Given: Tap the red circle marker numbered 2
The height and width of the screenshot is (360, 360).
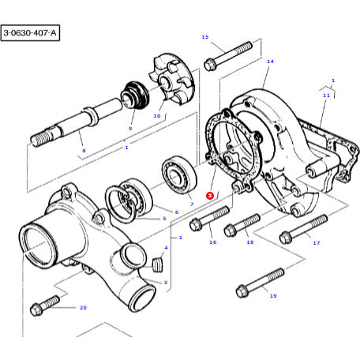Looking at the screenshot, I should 209,194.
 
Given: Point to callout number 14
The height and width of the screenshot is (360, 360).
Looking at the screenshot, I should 269,61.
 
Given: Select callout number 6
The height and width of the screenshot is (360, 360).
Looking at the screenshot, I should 176,212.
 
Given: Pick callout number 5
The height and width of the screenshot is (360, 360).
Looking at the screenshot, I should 163,218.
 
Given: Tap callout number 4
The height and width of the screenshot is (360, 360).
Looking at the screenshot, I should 165,247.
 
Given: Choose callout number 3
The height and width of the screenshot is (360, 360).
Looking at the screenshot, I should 165,282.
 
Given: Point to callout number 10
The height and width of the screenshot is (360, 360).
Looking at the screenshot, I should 156,116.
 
